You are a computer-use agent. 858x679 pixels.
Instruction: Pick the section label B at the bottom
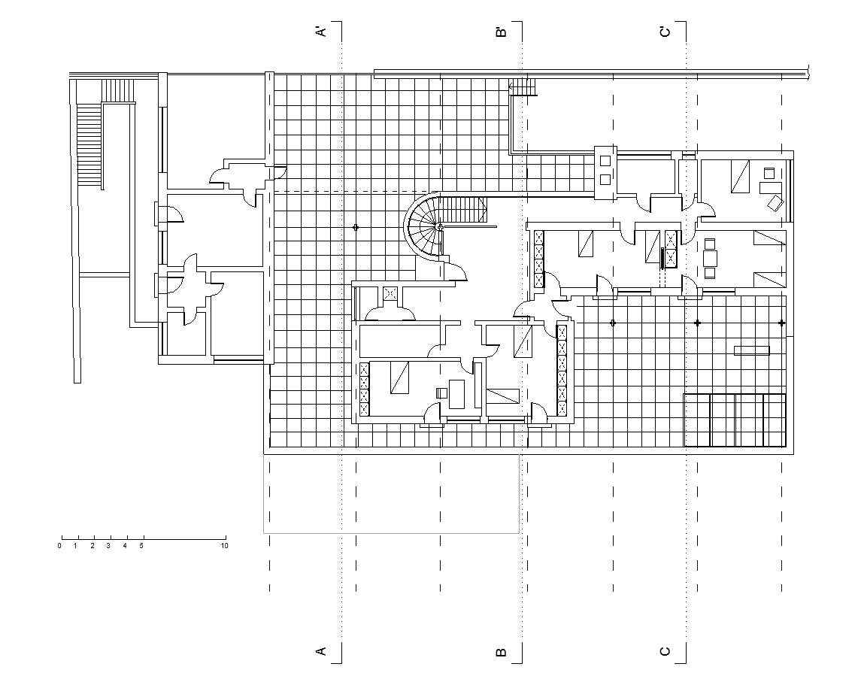pyautogui.click(x=502, y=652)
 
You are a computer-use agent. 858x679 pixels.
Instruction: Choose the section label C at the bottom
pyautogui.click(x=665, y=651)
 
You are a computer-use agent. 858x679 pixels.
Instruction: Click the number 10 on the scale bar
pyautogui.click(x=224, y=546)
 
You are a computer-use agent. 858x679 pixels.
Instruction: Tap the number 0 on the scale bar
pyautogui.click(x=59, y=546)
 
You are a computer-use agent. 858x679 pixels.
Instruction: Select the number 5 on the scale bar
pyautogui.click(x=141, y=546)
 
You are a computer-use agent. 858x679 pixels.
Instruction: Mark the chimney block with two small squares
pyautogui.click(x=605, y=171)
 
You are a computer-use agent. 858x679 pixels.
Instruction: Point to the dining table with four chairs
pyautogui.click(x=710, y=258)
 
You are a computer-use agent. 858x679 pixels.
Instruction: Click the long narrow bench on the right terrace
pyautogui.click(x=751, y=350)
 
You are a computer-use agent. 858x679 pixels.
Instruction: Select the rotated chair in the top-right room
pyautogui.click(x=775, y=203)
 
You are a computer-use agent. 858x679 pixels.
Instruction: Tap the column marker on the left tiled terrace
pyautogui.click(x=355, y=226)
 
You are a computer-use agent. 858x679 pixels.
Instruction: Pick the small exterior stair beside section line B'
pyautogui.click(x=522, y=86)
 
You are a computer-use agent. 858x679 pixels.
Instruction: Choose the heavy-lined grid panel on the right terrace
pyautogui.click(x=735, y=420)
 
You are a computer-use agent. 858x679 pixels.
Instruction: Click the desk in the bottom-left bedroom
pyautogui.click(x=457, y=395)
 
